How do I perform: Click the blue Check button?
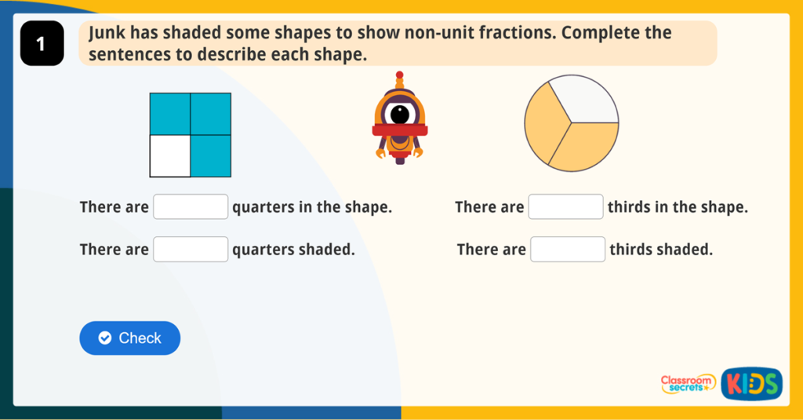130,338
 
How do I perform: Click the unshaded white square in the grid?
170,155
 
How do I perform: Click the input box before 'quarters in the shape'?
191,207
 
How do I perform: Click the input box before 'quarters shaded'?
191,250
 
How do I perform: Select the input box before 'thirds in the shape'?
566,207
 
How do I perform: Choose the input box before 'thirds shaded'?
568,250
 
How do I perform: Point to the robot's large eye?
401,114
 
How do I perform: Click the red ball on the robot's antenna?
400,75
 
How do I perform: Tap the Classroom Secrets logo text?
688,383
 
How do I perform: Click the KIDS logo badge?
751,383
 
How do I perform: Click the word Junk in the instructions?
107,34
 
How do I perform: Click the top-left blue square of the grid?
170,114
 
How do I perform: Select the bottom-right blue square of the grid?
211,155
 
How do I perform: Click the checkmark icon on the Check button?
105,338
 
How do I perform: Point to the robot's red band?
400,130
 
